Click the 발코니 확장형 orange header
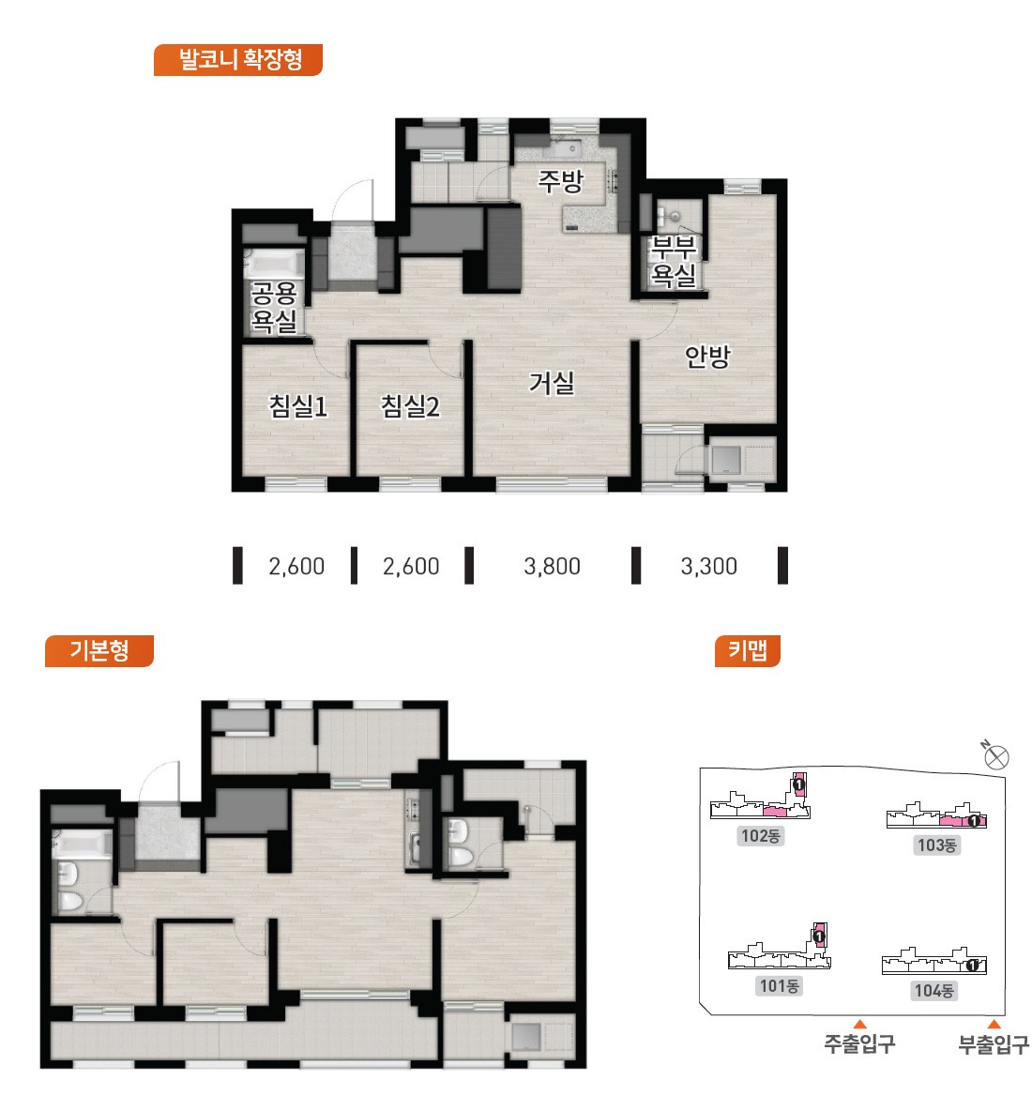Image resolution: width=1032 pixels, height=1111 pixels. tap(238, 59)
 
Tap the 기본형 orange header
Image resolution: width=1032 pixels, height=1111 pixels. tap(99, 650)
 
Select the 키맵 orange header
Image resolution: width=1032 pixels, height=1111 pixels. tap(747, 650)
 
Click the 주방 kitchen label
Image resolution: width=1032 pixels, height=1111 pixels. tap(560, 181)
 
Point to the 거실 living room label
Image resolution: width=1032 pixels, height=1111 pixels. tap(552, 384)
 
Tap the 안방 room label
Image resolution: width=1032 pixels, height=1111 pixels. tap(706, 356)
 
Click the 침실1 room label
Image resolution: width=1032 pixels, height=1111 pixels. tap(298, 406)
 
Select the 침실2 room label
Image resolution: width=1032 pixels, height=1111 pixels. tap(410, 406)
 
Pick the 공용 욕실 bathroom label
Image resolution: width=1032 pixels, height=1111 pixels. tap(274, 307)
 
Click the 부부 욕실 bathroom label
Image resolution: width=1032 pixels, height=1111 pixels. tap(674, 261)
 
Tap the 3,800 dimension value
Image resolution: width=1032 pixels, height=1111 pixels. tap(552, 566)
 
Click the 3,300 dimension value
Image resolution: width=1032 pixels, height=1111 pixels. tap(708, 566)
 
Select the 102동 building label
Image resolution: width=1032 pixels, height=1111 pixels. tap(760, 836)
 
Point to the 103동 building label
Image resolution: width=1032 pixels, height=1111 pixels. tap(936, 845)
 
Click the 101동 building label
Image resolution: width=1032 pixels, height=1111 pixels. tap(779, 985)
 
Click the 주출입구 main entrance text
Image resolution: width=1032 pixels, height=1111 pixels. tap(859, 1043)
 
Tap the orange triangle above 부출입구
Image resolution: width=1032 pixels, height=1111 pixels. tap(994, 1024)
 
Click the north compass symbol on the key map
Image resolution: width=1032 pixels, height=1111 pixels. tap(995, 756)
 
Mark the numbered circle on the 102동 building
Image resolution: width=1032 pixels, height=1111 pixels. tap(799, 785)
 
